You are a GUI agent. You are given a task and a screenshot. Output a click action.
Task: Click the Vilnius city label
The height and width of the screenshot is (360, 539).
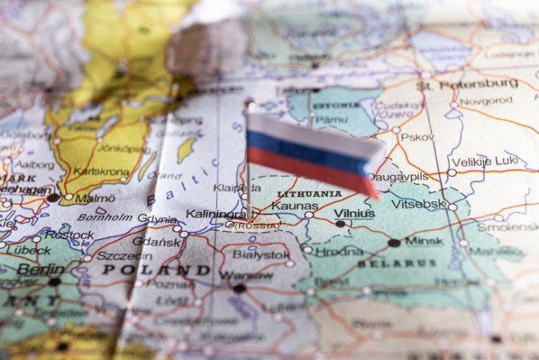point(354,213)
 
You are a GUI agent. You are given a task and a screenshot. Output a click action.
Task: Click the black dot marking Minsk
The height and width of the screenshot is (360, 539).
point(395,243)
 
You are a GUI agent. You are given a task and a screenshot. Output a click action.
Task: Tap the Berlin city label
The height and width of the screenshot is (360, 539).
point(40,269)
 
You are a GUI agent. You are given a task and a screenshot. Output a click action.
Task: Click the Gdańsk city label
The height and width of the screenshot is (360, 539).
point(157,241)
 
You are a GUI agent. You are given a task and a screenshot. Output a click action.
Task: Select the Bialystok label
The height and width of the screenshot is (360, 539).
point(261,254)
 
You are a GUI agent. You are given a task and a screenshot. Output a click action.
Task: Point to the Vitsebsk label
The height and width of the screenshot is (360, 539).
point(419,203)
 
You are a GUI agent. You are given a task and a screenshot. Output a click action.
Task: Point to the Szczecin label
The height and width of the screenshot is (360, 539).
point(116,255)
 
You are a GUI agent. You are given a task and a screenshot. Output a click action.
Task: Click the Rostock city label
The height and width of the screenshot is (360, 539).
point(69,234)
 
